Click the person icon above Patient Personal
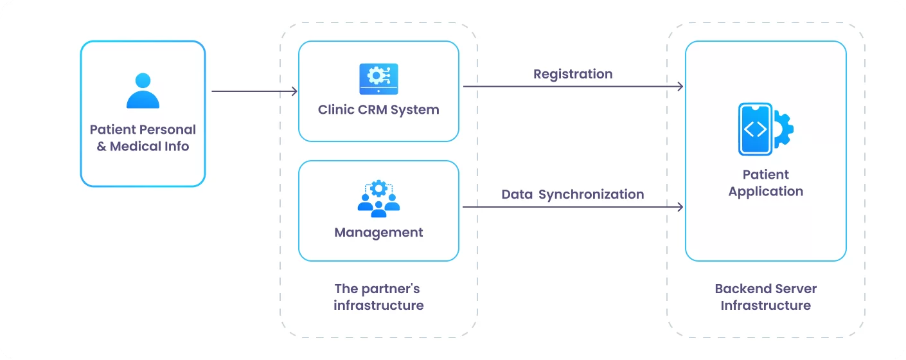click(x=143, y=91)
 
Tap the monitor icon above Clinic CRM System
click(x=378, y=78)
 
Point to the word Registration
click(x=573, y=74)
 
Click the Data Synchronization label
click(x=573, y=194)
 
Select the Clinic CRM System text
click(x=378, y=109)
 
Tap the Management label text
click(x=378, y=232)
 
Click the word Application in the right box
click(x=765, y=192)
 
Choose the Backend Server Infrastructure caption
click(x=765, y=297)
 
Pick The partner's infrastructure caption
click(x=378, y=297)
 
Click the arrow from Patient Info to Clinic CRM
click(x=254, y=91)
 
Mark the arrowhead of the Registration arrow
click(x=680, y=86)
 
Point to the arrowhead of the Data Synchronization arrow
click(x=680, y=207)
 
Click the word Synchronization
click(x=591, y=194)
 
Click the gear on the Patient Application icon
click(x=783, y=129)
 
